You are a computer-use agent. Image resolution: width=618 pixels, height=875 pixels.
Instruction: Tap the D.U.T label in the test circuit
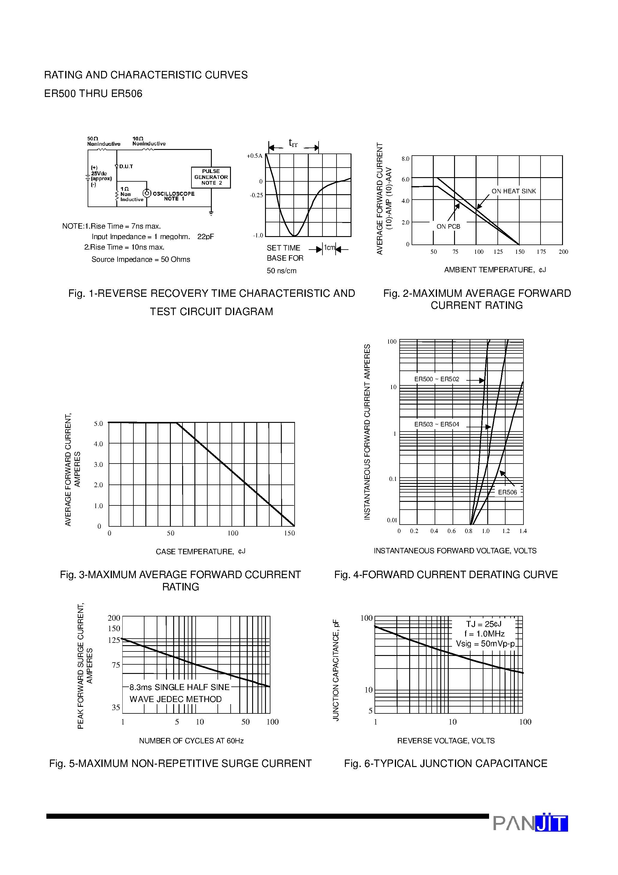[x=126, y=167]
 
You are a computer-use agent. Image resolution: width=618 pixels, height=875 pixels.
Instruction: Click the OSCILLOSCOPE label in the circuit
[x=173, y=194]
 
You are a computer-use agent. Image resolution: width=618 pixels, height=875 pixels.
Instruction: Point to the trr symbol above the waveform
[x=293, y=143]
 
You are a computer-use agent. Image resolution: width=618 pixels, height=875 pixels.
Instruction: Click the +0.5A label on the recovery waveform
[x=255, y=156]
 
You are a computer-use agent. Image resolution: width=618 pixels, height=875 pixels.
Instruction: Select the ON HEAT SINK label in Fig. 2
[x=513, y=191]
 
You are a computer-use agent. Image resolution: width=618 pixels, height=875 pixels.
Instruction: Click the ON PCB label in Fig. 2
[x=448, y=226]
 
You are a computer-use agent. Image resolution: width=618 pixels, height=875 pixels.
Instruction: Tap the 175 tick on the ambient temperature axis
[x=541, y=252]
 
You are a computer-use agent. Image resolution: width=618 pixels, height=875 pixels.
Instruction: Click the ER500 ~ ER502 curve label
[x=437, y=379]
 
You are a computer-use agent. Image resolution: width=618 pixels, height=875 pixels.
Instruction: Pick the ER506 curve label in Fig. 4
[x=508, y=492]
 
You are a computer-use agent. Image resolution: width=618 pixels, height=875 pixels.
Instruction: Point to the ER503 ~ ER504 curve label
[x=437, y=424]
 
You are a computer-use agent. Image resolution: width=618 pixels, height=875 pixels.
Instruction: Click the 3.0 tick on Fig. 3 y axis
[x=98, y=464]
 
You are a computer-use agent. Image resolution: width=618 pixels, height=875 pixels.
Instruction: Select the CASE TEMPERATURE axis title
[x=200, y=552]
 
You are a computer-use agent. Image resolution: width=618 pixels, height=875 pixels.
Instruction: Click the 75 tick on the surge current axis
[x=116, y=665]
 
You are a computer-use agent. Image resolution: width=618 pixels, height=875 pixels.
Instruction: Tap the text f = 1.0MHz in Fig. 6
[x=484, y=634]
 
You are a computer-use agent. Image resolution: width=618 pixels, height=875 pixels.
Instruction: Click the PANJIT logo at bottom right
[x=530, y=823]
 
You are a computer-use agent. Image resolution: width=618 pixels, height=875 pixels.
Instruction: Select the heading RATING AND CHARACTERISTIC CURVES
[x=146, y=75]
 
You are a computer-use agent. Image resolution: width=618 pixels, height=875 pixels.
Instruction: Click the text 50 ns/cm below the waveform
[x=281, y=271]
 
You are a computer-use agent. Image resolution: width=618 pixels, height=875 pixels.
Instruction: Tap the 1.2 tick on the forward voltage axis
[x=506, y=531]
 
